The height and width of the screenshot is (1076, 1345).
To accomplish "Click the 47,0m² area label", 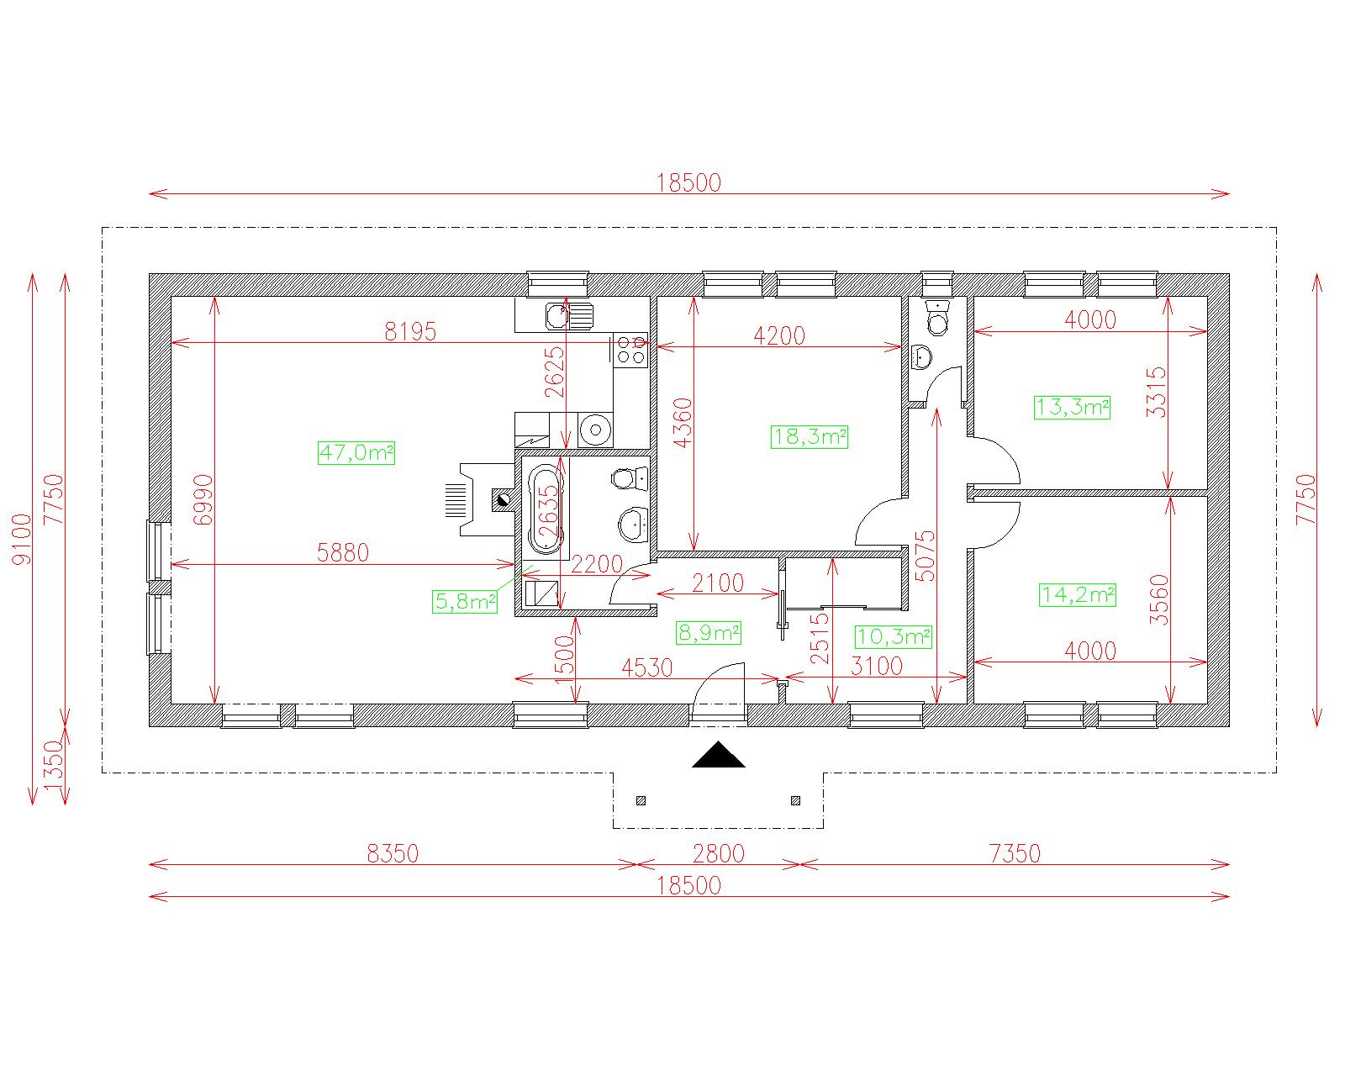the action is click(356, 452).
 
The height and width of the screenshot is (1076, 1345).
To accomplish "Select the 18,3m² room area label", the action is click(810, 436).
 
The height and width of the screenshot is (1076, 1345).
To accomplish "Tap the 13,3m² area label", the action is click(1072, 407).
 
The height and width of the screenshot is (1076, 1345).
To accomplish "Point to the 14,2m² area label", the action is click(1078, 594).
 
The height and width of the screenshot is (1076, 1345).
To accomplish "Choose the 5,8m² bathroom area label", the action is click(465, 601).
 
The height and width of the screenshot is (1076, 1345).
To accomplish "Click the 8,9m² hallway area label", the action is click(709, 633).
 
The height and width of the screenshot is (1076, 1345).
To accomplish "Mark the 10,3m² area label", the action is click(893, 637).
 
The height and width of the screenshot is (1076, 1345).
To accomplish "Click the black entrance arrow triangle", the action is click(718, 754).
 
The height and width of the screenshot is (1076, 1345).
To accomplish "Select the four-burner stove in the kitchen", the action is click(630, 350).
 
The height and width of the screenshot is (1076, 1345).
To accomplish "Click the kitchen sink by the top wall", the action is click(569, 316).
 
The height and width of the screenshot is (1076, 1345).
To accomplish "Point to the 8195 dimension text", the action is click(410, 332).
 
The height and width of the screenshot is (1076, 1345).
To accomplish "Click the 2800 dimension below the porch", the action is click(719, 853).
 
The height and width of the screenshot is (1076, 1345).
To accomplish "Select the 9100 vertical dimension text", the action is click(22, 539).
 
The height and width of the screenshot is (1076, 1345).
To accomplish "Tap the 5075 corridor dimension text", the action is click(925, 556).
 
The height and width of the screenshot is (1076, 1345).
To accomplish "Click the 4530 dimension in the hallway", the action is click(647, 667).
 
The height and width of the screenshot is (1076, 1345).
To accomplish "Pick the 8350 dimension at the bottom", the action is click(393, 853).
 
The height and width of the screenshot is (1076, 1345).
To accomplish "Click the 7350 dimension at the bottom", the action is click(1015, 853).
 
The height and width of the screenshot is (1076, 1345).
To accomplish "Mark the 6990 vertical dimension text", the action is click(203, 499).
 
